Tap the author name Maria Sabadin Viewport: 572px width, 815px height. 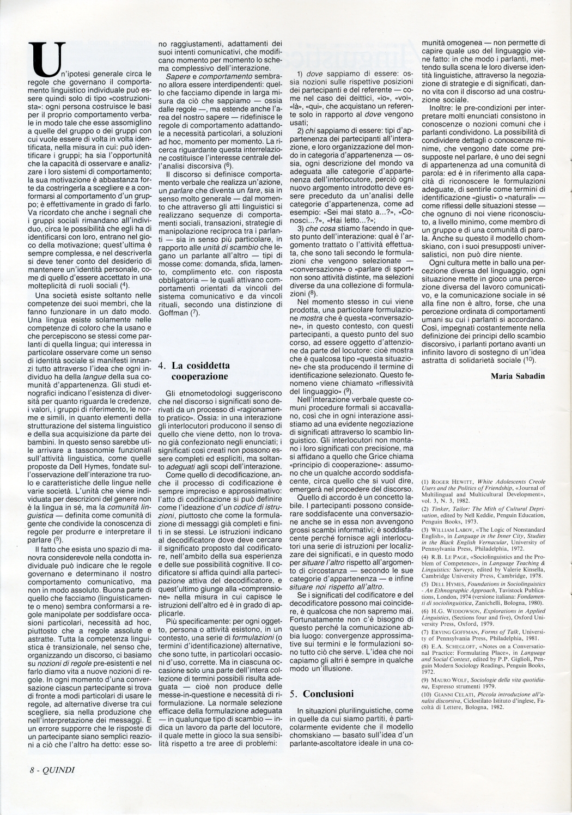[x=519, y=376]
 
